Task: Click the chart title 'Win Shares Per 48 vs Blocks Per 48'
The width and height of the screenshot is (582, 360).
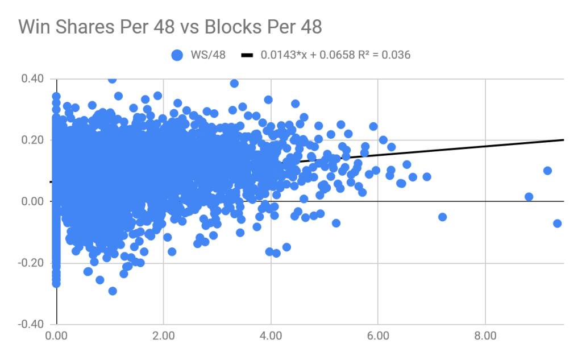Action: pyautogui.click(x=170, y=26)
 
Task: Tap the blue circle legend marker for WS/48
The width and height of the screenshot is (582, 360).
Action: pyautogui.click(x=177, y=55)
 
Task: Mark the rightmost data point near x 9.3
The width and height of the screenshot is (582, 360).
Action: pyautogui.click(x=557, y=223)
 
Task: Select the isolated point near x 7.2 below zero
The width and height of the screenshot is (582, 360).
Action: pyautogui.click(x=442, y=217)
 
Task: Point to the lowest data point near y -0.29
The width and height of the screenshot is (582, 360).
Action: pyautogui.click(x=113, y=291)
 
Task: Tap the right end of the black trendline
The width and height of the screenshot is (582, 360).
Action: pyautogui.click(x=563, y=139)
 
